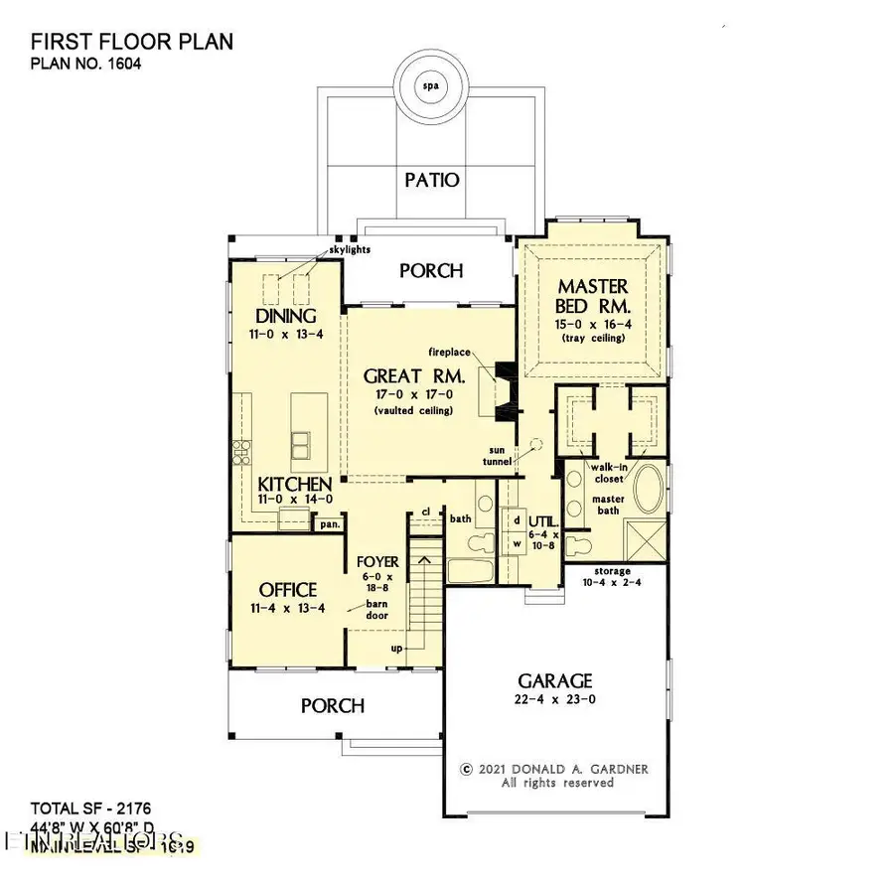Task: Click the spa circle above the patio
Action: pyautogui.click(x=430, y=84)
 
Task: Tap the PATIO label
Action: pyautogui.click(x=431, y=180)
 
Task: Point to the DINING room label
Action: pyautogui.click(x=286, y=316)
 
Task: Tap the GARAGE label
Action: pyautogui.click(x=554, y=680)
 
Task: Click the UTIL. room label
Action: pyautogui.click(x=544, y=520)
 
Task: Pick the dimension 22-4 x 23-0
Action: pyautogui.click(x=554, y=701)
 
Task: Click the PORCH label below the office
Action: pyautogui.click(x=332, y=705)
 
